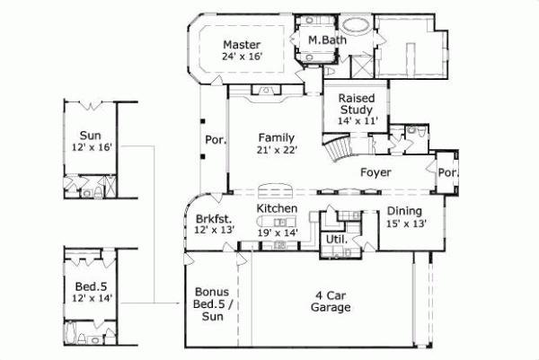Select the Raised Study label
355,105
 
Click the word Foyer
375,171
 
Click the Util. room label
336,240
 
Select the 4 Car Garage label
332,301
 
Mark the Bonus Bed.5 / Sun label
212,304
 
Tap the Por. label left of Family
215,139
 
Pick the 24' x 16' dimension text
240,57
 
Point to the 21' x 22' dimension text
276,151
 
